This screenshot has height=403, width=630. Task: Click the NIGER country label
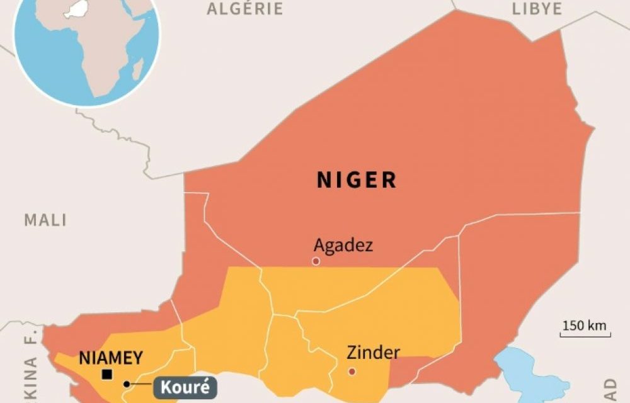pyautogui.click(x=357, y=180)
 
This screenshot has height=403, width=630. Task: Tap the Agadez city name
pyautogui.click(x=343, y=245)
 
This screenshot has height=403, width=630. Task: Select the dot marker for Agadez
pyautogui.click(x=316, y=261)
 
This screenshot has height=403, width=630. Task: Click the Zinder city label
pyautogui.click(x=373, y=353)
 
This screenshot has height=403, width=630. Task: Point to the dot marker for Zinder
pyautogui.click(x=352, y=372)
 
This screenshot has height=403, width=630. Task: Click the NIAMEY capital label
pyautogui.click(x=111, y=358)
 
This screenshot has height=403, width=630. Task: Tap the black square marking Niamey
pyautogui.click(x=107, y=375)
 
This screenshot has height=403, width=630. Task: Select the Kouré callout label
pyautogui.click(x=185, y=387)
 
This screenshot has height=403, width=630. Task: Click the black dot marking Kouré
pyautogui.click(x=127, y=383)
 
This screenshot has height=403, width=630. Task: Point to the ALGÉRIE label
pyautogui.click(x=244, y=8)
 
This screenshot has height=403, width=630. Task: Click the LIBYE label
pyautogui.click(x=537, y=8)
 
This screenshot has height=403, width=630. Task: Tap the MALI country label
pyautogui.click(x=45, y=220)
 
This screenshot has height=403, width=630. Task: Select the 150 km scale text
pyautogui.click(x=584, y=326)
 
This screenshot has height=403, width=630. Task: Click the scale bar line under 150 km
pyautogui.click(x=585, y=336)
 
